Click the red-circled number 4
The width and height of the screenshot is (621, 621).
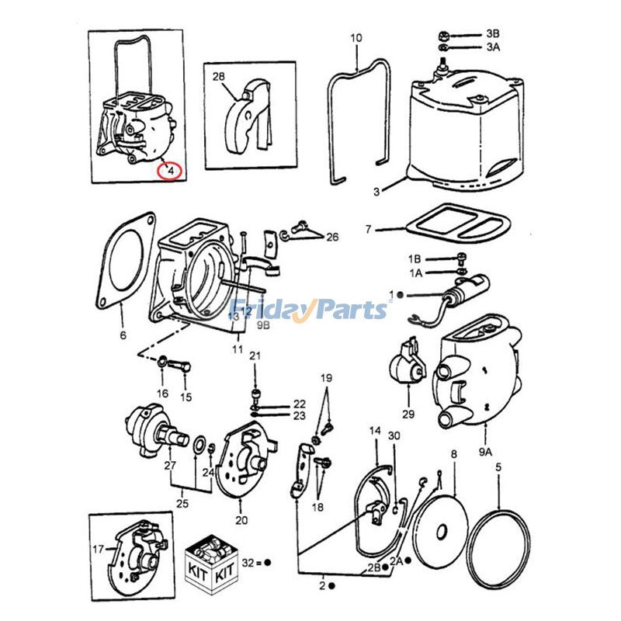(170, 168)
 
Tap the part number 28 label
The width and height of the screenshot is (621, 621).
(218, 77)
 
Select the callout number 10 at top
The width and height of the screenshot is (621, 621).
(356, 38)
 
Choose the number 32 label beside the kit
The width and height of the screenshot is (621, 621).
(248, 560)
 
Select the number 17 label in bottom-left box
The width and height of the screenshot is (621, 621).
(99, 550)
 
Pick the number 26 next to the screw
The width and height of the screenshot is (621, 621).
(332, 237)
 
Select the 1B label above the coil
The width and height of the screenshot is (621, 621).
(415, 258)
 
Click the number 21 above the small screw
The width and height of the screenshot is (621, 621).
(255, 356)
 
